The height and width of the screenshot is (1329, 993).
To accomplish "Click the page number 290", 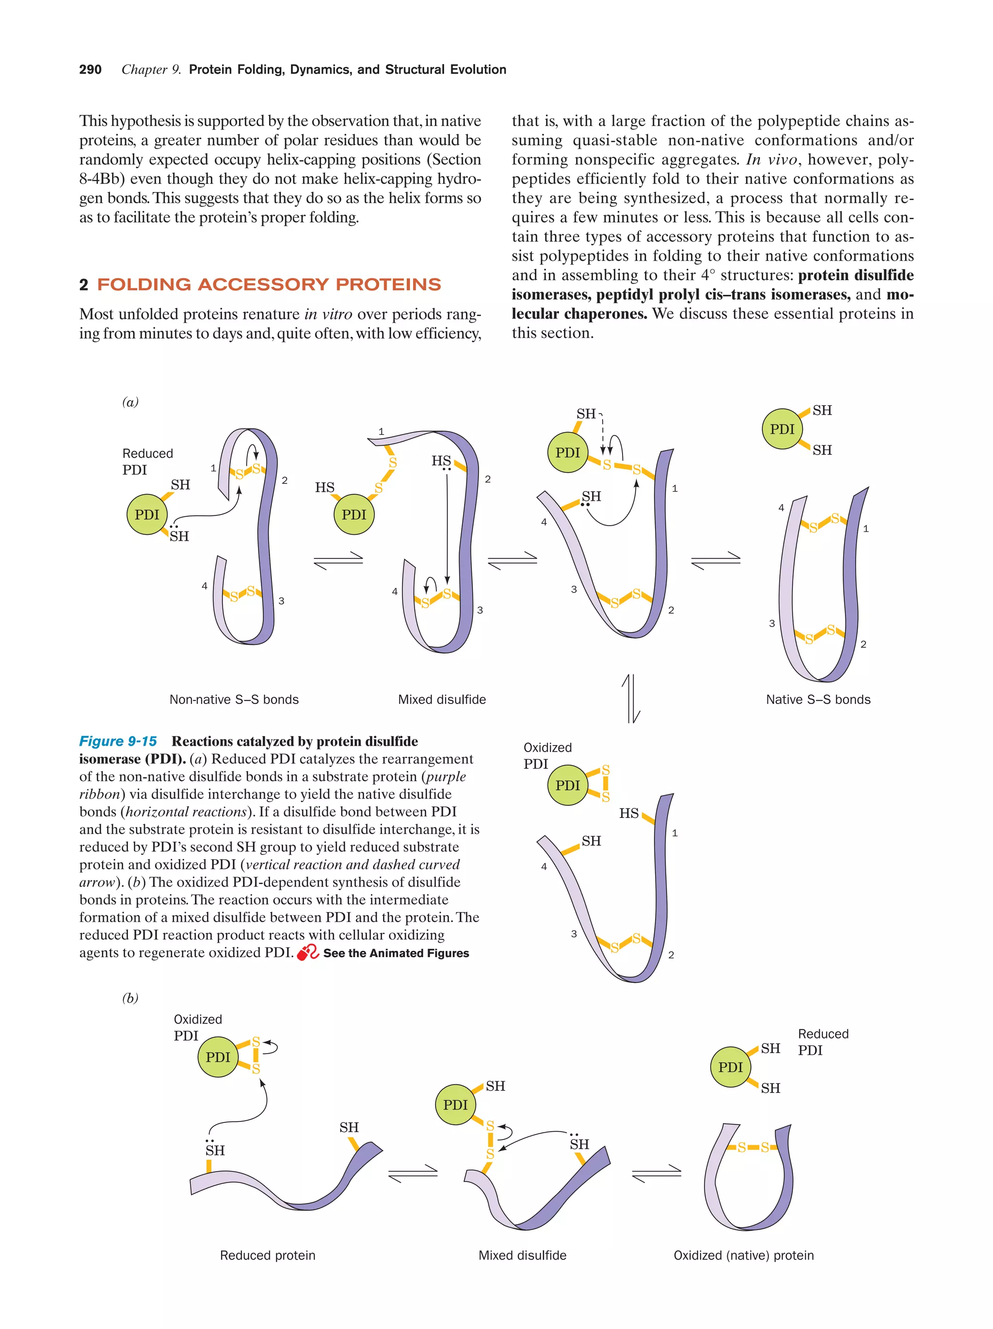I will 90,70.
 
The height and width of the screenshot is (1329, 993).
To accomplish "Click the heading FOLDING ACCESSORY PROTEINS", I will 269,284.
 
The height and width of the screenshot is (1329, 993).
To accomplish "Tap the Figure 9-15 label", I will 118,741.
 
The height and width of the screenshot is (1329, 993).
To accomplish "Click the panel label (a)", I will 130,401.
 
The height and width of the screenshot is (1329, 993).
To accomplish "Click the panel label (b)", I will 130,998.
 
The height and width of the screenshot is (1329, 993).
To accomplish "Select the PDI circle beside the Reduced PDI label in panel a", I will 146,514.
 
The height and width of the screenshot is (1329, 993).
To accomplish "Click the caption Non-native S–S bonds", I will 234,699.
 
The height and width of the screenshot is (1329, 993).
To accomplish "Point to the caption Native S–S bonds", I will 817,699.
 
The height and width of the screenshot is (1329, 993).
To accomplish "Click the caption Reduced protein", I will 267,1255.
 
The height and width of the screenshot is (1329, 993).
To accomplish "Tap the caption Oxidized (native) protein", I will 743,1255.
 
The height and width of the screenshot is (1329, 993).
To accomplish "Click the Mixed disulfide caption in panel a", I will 442,699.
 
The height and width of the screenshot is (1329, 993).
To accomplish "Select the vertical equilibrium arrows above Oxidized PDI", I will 631,698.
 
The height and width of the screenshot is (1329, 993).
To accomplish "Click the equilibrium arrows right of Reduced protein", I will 413,1173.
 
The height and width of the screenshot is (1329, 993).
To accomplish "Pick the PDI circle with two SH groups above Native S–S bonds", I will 782,429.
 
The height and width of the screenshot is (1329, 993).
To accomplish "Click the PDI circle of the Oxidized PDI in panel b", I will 218,1057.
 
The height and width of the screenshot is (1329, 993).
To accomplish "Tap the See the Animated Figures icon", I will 307,952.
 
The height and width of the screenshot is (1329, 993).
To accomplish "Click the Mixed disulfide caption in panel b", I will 522,1255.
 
